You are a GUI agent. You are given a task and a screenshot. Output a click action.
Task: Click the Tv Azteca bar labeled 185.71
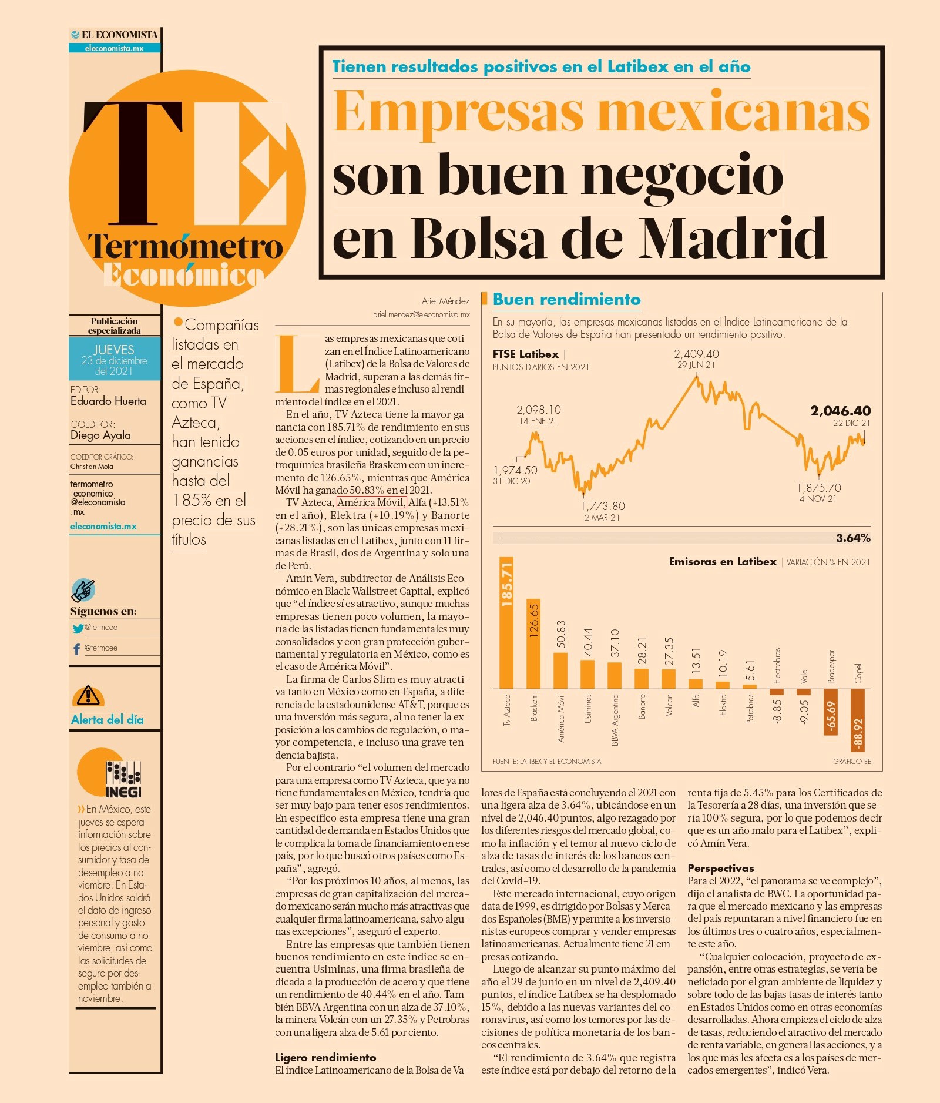tap(506, 622)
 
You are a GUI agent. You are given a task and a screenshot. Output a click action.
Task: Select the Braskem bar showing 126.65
tap(533, 643)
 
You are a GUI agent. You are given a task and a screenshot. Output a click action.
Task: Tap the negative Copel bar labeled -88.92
tap(858, 720)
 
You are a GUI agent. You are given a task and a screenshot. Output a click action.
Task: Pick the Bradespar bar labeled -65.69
tap(831, 712)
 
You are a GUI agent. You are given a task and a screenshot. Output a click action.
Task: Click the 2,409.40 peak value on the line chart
tap(696, 354)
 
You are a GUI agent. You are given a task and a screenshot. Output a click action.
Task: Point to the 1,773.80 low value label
tap(603, 506)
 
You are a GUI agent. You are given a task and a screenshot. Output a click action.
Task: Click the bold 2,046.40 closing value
tap(840, 411)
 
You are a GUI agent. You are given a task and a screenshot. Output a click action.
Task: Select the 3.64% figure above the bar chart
tap(853, 538)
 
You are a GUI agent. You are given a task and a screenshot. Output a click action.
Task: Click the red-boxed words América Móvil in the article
tap(371, 502)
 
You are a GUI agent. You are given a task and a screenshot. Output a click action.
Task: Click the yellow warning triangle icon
tap(88, 696)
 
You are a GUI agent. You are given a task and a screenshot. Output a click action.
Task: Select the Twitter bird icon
tap(78, 628)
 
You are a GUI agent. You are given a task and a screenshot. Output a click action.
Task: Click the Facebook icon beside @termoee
tap(76, 649)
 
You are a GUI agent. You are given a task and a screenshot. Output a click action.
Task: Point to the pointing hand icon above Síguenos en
tap(83, 590)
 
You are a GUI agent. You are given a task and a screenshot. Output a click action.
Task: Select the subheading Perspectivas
tap(720, 868)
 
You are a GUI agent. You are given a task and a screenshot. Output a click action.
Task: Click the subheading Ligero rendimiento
tap(325, 1057)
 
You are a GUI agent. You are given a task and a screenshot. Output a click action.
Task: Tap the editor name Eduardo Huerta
tap(108, 401)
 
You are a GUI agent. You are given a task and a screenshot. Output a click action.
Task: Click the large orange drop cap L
tap(297, 364)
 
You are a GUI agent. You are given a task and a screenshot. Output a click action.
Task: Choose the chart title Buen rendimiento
tap(566, 299)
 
